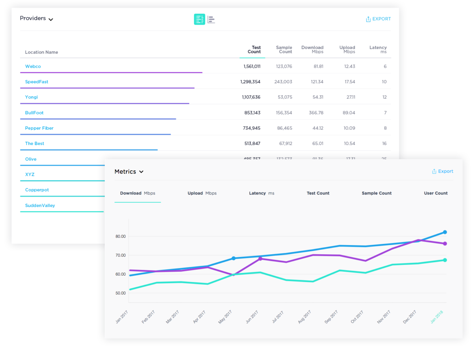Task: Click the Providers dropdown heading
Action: coord(36,19)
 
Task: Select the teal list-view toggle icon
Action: coord(199,19)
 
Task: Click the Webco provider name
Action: coord(33,67)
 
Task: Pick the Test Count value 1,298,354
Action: coord(250,82)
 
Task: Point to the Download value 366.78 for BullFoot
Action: coord(316,113)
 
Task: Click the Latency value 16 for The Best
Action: coord(384,144)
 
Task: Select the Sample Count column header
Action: coord(284,50)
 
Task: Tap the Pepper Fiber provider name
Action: coord(39,128)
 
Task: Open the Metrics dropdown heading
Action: coord(129,172)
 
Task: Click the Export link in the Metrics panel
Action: coord(443,171)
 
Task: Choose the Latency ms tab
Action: coord(262,193)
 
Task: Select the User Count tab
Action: coord(436,193)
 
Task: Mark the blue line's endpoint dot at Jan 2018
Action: coord(445,232)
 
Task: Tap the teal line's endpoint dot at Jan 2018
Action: coord(445,260)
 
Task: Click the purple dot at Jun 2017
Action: coord(260,259)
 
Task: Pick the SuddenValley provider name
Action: coord(40,206)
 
